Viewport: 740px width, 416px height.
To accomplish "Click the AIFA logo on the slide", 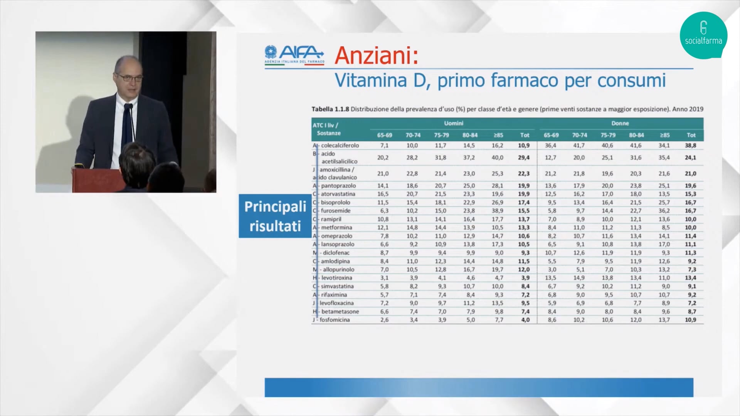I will click(294, 55).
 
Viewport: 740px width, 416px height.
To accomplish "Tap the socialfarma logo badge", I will click(703, 35).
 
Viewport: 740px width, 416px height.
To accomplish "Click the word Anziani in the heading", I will click(376, 55).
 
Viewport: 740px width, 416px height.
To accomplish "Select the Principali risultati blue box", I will click(275, 216).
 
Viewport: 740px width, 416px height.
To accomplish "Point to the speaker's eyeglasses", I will click(129, 77).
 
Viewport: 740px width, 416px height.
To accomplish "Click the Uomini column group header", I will click(453, 123).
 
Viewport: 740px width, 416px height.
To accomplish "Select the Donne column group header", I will click(620, 123).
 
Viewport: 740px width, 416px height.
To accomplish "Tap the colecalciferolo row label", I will click(340, 146).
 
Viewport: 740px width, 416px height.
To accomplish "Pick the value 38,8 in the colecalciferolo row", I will click(690, 146).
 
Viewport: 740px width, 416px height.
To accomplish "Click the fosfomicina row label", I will click(335, 320).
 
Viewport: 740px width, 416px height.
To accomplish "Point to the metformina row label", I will click(336, 228).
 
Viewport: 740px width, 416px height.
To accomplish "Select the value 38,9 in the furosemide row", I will click(497, 211).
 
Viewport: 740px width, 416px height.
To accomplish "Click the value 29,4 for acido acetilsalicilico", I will click(524, 158).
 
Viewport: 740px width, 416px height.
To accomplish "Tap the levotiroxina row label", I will click(337, 278).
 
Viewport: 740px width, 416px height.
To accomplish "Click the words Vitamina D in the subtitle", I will click(382, 81).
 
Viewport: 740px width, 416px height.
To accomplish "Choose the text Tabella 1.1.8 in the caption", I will click(330, 109).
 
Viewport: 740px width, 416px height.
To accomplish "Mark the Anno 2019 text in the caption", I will click(688, 109).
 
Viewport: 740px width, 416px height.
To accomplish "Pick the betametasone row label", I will click(340, 311).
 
